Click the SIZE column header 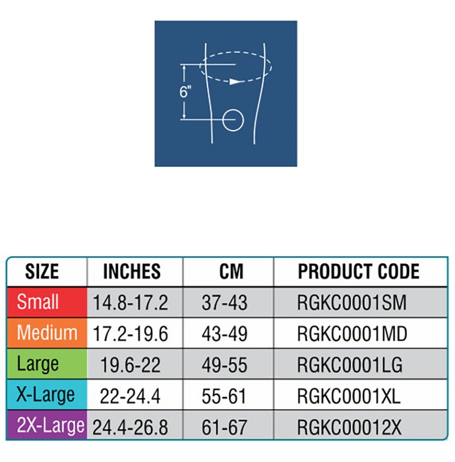[x=42, y=271]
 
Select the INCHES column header [x=132, y=271]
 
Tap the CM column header [x=231, y=271]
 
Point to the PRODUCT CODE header [x=359, y=271]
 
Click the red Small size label [x=38, y=302]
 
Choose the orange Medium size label [x=47, y=333]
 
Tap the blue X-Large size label [x=45, y=395]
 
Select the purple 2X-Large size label [x=50, y=426]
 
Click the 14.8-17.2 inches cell [x=130, y=302]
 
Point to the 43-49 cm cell [x=224, y=334]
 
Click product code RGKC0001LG [x=349, y=365]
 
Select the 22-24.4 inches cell [x=130, y=396]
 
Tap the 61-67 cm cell [x=224, y=427]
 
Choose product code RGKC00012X [x=349, y=427]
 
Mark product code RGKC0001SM [x=351, y=302]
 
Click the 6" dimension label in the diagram [x=185, y=91]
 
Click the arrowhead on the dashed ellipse [x=235, y=81]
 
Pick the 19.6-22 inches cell [x=130, y=365]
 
